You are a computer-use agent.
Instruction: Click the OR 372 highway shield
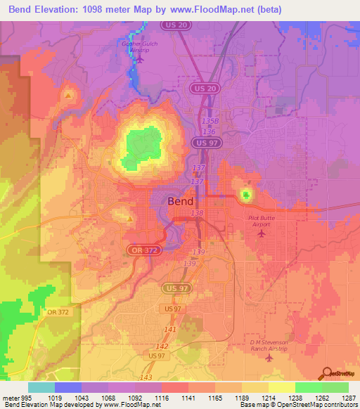click(143, 250)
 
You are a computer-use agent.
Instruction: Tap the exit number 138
click(197, 212)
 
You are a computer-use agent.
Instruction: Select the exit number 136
click(208, 131)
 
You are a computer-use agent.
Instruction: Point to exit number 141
click(169, 329)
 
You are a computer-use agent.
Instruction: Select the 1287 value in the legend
click(349, 398)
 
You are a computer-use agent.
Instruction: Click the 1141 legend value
click(188, 398)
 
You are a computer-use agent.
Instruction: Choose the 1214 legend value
click(269, 398)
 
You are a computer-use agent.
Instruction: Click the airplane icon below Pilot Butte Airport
click(263, 234)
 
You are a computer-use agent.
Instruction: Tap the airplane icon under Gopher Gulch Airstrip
click(139, 59)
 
